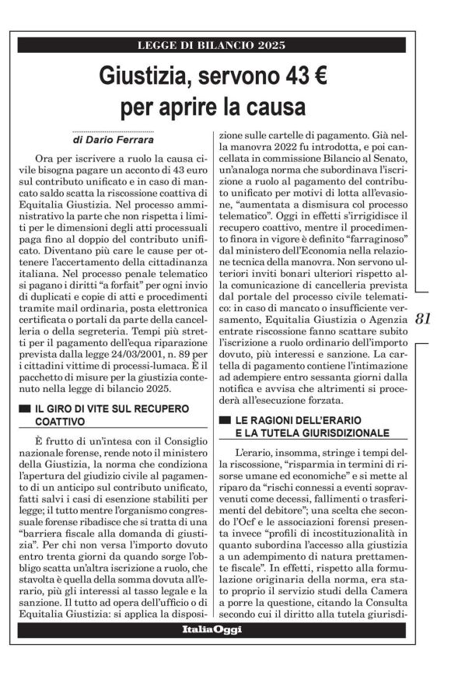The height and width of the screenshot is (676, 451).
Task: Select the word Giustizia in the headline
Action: [x=147, y=75]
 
